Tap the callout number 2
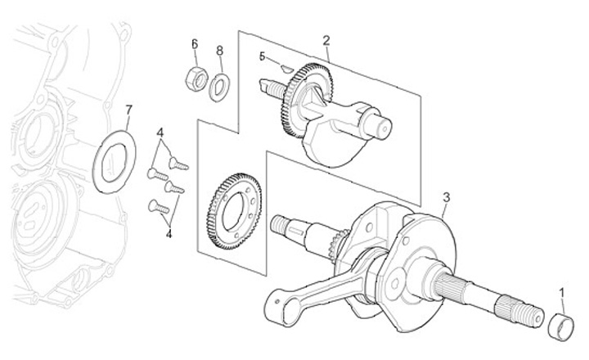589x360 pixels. (x=326, y=39)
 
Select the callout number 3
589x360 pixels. (x=445, y=196)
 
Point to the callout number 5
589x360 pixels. (x=263, y=56)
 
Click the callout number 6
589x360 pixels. (x=195, y=43)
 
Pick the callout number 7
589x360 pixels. (x=128, y=110)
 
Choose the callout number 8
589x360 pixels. (x=219, y=51)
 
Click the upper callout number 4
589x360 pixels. (x=161, y=133)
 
